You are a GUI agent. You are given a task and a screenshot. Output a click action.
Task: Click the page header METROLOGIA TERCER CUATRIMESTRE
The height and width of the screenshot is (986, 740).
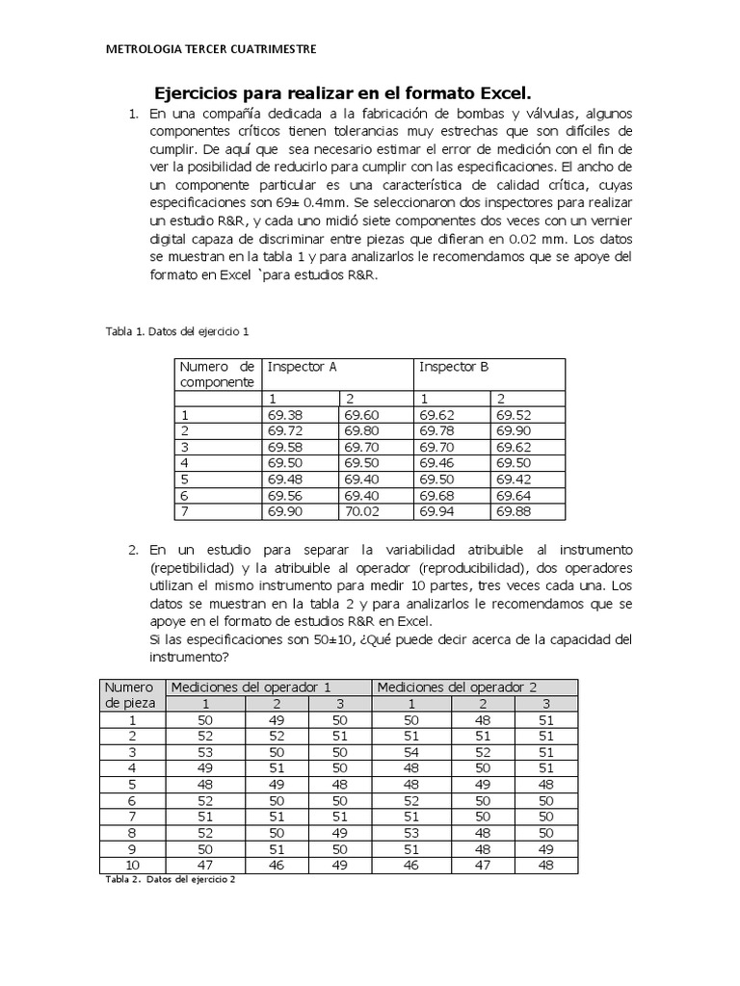coord(209,49)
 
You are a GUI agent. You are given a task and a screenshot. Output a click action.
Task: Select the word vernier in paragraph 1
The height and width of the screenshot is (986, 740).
coord(607,222)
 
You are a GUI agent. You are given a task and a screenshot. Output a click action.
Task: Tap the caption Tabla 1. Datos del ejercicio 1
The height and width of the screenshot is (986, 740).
coord(177,331)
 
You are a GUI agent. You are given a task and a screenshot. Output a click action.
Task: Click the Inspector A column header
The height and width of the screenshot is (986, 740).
coord(302,367)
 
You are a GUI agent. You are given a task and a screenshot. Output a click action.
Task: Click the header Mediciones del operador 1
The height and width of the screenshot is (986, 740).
coord(251,687)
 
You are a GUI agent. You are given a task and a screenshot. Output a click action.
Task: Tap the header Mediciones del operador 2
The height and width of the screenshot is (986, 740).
coord(458,687)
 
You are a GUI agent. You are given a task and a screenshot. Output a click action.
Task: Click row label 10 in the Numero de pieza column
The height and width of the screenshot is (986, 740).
coord(134,866)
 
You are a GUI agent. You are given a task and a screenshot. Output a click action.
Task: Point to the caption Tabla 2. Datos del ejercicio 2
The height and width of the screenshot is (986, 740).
coord(170,880)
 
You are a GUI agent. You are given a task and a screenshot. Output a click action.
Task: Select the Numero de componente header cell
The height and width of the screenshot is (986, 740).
coord(217,374)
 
